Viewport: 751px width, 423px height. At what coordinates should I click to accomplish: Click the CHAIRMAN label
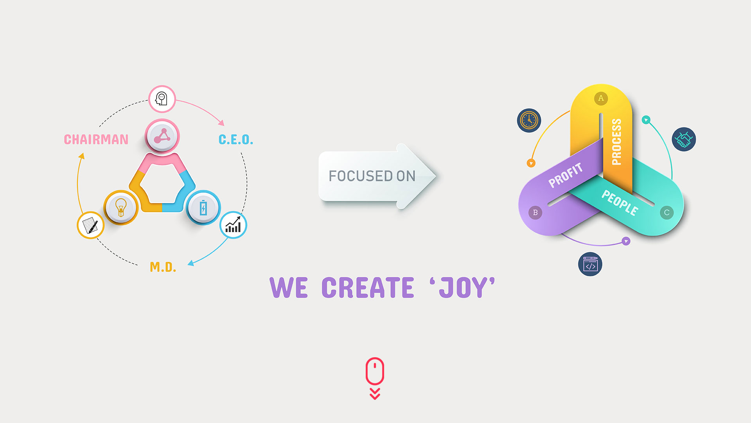point(96,139)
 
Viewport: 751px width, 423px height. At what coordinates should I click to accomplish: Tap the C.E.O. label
point(235,139)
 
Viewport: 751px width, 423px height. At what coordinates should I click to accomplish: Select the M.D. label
point(163,267)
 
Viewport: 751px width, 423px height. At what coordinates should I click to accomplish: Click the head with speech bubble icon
point(162,99)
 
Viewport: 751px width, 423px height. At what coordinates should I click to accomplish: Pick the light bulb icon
point(121,207)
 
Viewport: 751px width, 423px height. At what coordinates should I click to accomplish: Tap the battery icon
point(203,208)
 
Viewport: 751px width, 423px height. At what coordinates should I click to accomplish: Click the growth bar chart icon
point(233,225)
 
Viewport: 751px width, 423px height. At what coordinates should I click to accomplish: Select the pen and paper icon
point(90,225)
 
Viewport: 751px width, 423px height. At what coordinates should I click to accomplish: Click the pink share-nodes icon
point(162,136)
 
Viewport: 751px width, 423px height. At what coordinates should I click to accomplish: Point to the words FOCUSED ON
point(372,176)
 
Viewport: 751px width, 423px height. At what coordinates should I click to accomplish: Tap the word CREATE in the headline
point(367,288)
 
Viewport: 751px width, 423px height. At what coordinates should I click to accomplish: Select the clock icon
point(529,120)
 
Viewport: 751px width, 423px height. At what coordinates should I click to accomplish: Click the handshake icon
point(684,139)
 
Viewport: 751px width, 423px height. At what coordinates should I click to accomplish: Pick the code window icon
point(590,264)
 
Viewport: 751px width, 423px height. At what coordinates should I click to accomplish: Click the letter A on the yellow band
point(601,98)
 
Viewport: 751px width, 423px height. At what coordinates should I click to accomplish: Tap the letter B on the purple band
point(535,213)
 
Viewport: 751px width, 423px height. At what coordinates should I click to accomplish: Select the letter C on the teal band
point(667,213)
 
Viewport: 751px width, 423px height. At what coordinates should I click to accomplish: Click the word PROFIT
point(566,175)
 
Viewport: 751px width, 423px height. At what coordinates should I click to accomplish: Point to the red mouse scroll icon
point(375,371)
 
